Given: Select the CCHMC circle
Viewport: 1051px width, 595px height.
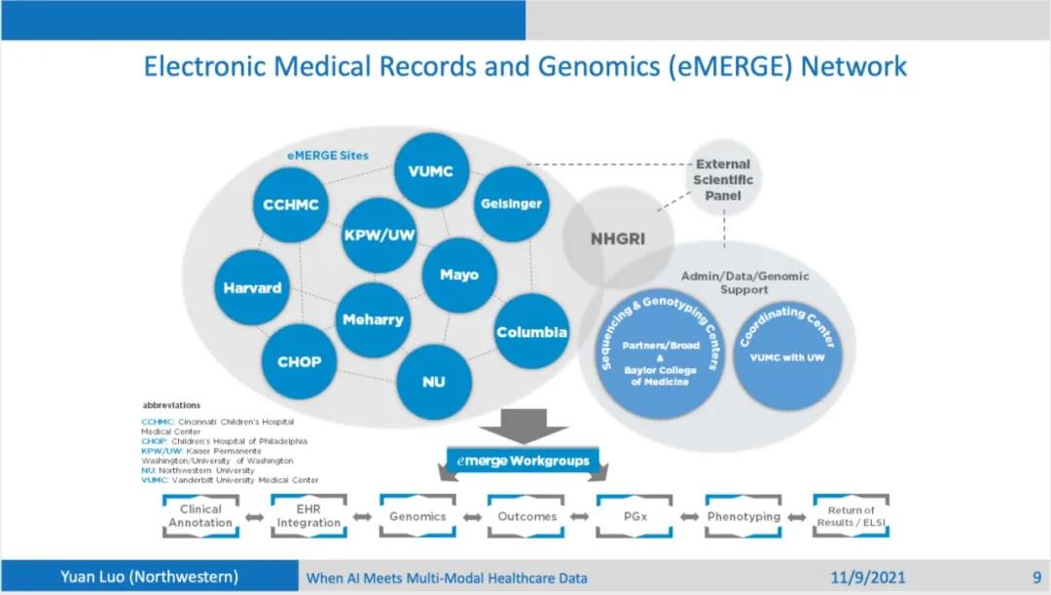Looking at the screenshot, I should click(291, 205).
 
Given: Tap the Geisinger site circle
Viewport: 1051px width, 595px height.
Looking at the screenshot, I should click(511, 204).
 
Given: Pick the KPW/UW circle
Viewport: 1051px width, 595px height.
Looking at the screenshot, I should click(379, 236).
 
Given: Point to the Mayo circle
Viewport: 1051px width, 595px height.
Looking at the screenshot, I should click(459, 275).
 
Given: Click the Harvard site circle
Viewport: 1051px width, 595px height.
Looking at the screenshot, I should click(252, 288).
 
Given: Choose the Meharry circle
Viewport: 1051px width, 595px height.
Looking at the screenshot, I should click(373, 319).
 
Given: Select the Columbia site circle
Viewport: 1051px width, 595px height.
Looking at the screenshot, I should click(531, 332).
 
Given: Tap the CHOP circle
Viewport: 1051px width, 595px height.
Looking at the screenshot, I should click(300, 361).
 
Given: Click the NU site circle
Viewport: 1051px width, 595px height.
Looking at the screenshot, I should click(434, 381).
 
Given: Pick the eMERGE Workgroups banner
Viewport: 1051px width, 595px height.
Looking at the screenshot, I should click(524, 460).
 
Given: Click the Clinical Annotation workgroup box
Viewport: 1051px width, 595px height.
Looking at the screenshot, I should click(200, 516).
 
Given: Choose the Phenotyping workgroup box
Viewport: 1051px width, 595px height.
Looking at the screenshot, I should click(744, 516).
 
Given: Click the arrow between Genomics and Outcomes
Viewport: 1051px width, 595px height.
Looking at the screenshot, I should click(472, 517).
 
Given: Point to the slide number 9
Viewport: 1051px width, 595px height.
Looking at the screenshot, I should click(1036, 576).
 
